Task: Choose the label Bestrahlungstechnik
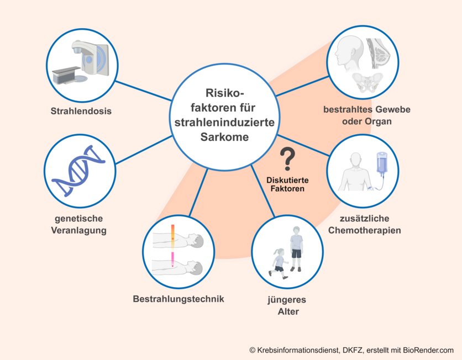tap(179, 299)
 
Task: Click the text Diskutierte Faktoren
tap(287, 184)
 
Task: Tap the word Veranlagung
tap(80, 230)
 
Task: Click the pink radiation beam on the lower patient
tap(173, 258)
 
